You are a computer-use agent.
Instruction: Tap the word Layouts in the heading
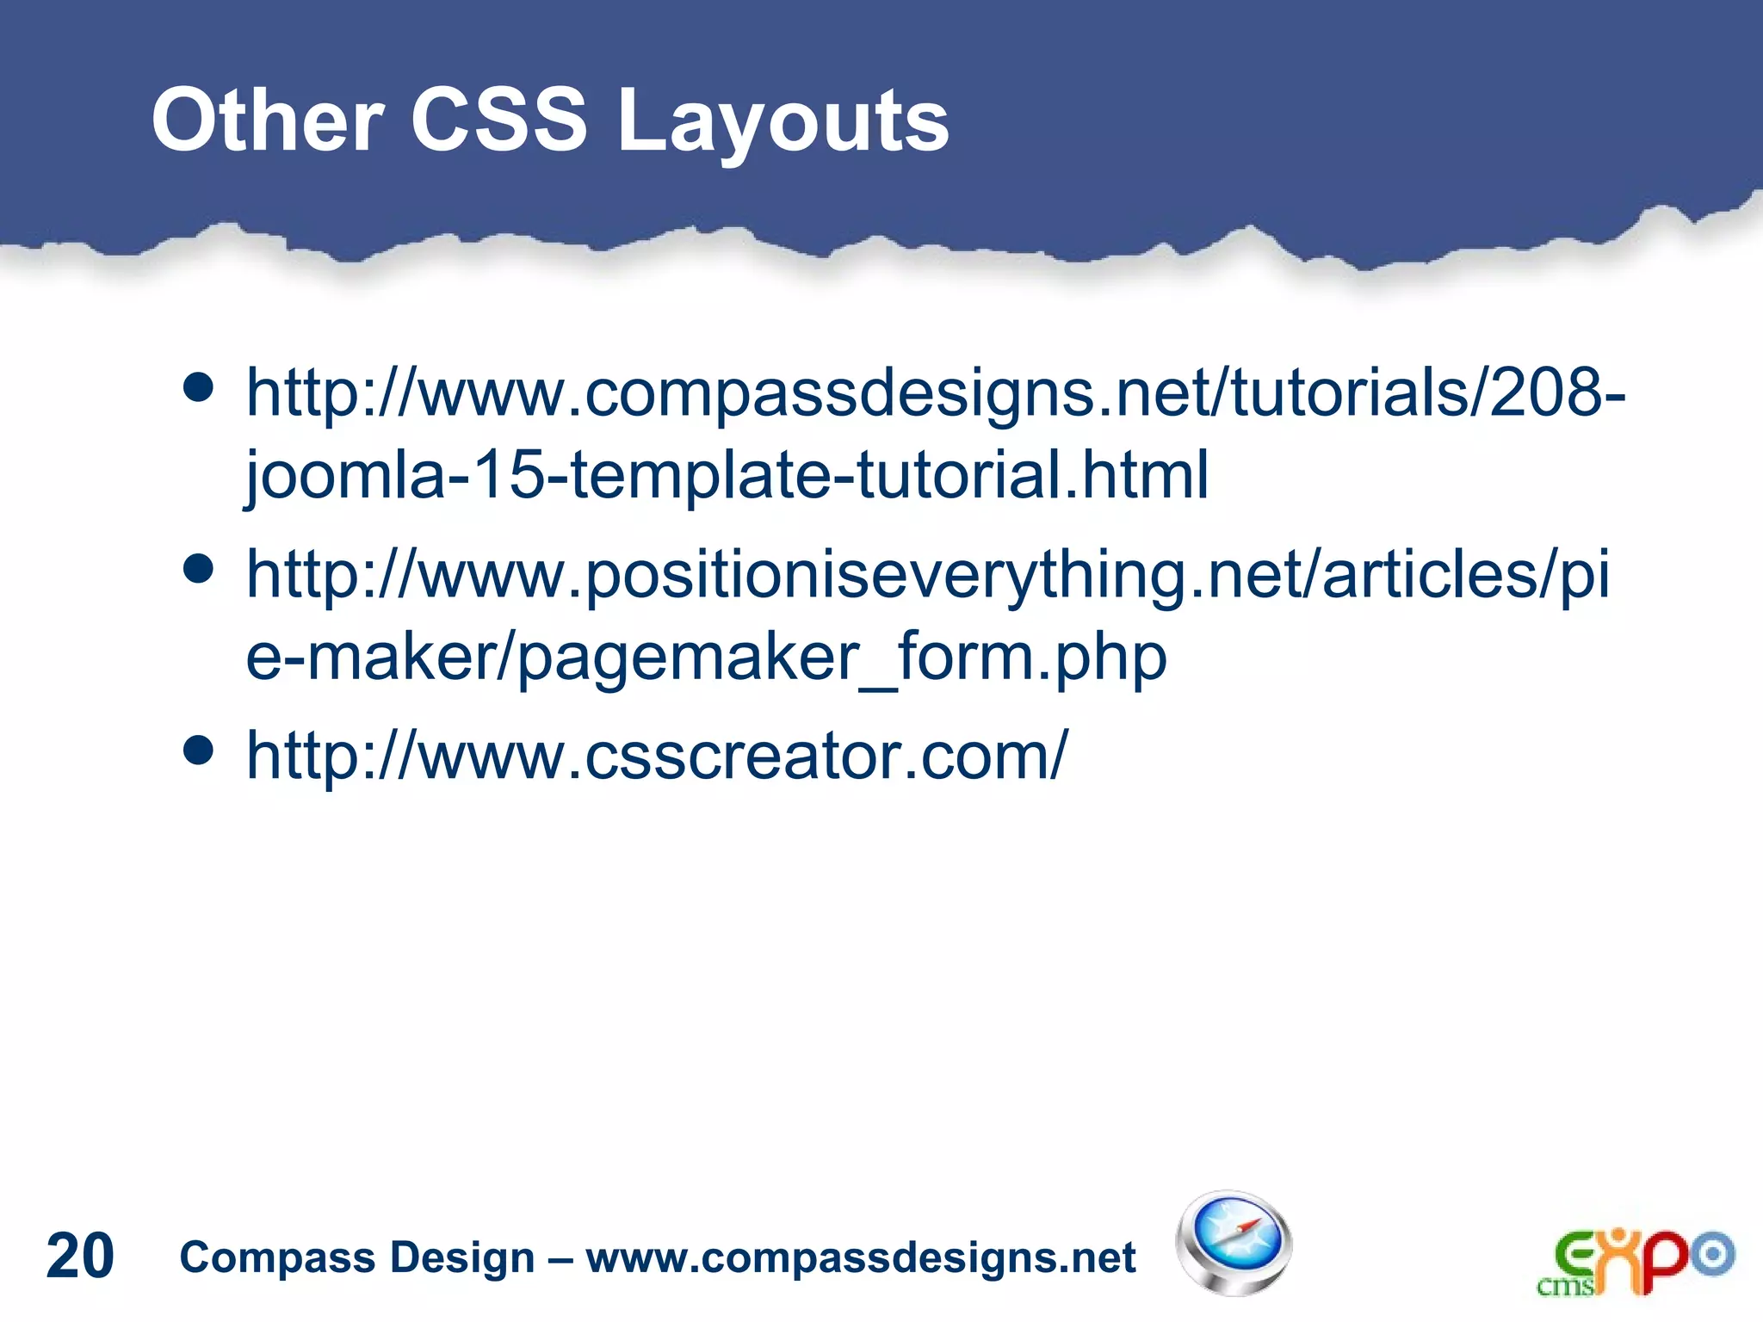[783, 122]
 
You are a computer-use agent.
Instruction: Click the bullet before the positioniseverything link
[199, 569]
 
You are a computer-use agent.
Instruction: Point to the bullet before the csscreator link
[199, 750]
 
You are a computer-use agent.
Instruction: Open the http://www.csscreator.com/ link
[656, 755]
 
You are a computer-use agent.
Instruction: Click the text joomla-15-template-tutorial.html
[727, 474]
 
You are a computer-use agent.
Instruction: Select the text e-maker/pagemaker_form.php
[706, 657]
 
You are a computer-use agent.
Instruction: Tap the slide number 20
[80, 1256]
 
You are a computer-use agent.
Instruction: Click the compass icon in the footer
[1234, 1242]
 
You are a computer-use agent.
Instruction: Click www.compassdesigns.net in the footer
[861, 1257]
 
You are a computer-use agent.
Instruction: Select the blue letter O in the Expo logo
[1714, 1254]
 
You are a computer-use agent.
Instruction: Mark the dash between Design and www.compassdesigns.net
[560, 1258]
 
